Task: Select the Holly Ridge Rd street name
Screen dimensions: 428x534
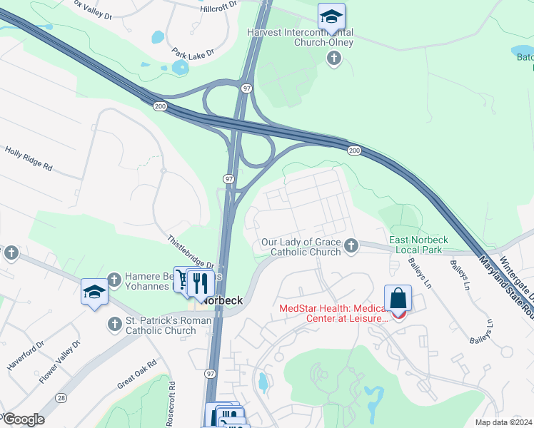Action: pyautogui.click(x=29, y=159)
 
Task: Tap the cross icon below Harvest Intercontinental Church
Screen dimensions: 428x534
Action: pyautogui.click(x=333, y=58)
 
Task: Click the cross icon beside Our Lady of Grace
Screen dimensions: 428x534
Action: pyautogui.click(x=351, y=247)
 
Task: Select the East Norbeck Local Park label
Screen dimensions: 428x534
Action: pyautogui.click(x=417, y=245)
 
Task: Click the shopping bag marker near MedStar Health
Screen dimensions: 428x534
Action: pyautogui.click(x=398, y=300)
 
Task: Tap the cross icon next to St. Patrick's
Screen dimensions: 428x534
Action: pyautogui.click(x=114, y=325)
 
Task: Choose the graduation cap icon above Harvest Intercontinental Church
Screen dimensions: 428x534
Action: pyautogui.click(x=332, y=16)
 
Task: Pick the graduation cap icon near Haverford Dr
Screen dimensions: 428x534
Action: pyautogui.click(x=94, y=292)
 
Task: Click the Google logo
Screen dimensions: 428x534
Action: pyautogui.click(x=24, y=419)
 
